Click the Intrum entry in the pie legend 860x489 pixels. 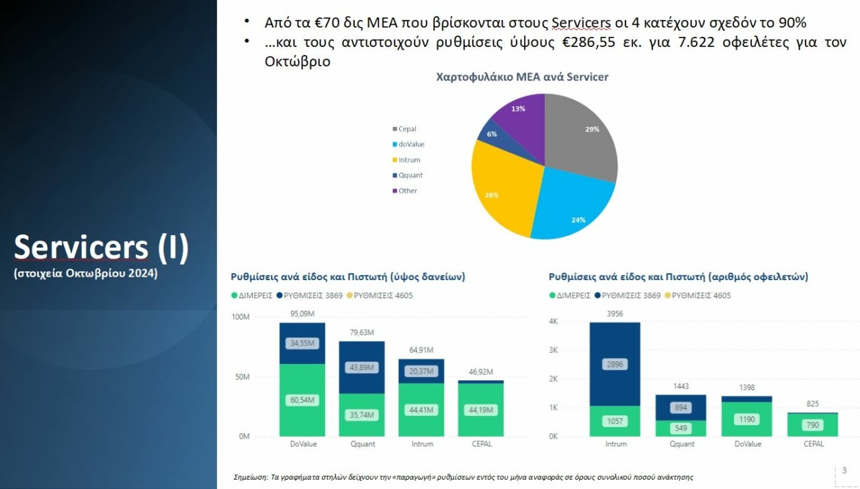tap(408, 160)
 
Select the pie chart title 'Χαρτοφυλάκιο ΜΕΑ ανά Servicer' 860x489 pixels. tap(522, 77)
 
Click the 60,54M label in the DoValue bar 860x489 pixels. tap(302, 400)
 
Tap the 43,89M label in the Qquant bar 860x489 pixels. tap(361, 367)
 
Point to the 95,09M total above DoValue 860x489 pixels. tap(302, 313)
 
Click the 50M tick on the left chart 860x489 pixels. tap(241, 377)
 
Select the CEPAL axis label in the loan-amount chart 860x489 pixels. tap(481, 444)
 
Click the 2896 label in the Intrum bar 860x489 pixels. tap(615, 364)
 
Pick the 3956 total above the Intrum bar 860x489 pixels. tap(615, 313)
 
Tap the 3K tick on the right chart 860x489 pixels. tap(553, 350)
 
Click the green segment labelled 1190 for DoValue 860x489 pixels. tap(747, 420)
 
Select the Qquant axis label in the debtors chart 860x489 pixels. tap(682, 444)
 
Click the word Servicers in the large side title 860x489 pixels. tap(81, 247)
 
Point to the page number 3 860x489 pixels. tap(844, 470)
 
